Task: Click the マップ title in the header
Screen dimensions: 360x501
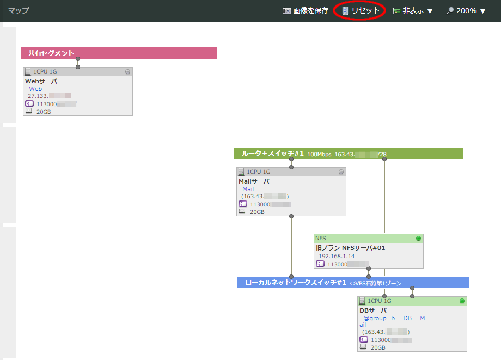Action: coord(19,10)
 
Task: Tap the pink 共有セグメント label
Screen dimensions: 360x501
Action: coord(51,53)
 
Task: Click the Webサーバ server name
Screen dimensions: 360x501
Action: coord(41,81)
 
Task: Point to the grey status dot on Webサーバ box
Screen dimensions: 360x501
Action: coord(127,71)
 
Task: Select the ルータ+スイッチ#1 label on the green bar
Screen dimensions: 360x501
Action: coord(272,154)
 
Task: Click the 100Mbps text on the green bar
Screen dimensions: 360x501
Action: coord(319,154)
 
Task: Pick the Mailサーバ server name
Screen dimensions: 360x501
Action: coord(254,181)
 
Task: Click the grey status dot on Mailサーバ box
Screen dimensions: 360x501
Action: coord(341,172)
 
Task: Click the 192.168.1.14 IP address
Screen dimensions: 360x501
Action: coord(337,256)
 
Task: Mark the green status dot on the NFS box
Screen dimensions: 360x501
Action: coord(418,239)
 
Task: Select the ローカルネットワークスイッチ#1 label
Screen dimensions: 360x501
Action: coord(296,283)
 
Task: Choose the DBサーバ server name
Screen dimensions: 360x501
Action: coord(373,310)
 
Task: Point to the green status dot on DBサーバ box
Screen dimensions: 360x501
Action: coord(462,301)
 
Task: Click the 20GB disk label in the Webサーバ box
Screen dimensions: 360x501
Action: coord(44,112)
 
